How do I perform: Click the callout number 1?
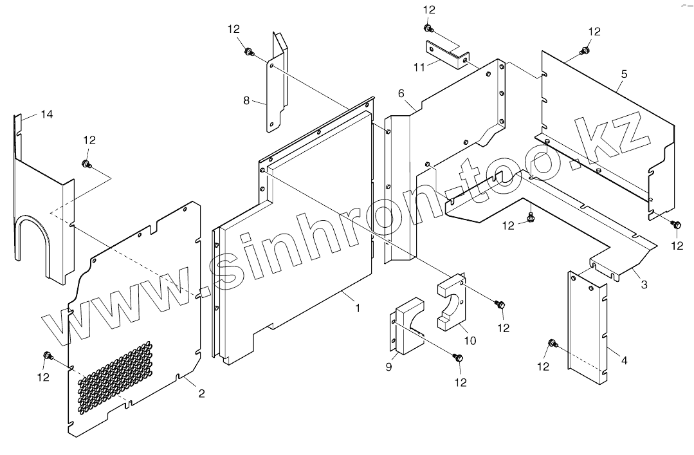358,308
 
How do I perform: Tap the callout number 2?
201,393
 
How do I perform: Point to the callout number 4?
624,360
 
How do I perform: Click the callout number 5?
624,74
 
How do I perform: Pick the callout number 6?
401,93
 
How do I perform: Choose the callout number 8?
246,100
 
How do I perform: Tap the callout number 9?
388,367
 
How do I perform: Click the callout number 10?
470,340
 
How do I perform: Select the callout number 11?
419,66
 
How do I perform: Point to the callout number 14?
46,115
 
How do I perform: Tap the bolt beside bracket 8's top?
248,51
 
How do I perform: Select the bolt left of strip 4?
551,343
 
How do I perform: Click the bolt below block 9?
458,358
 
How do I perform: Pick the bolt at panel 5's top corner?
585,50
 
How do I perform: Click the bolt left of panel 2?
48,355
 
